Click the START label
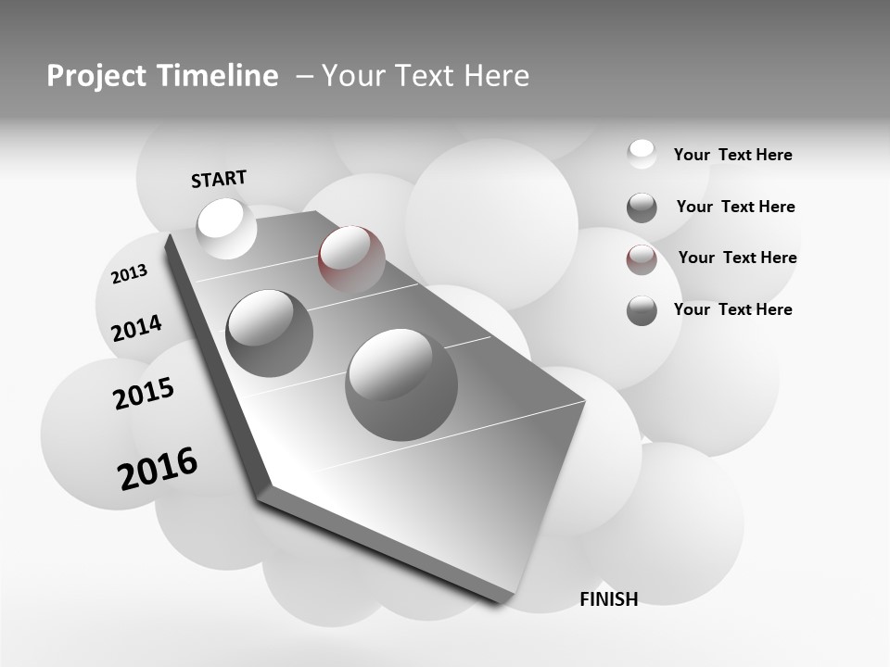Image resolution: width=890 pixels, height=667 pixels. coord(219,179)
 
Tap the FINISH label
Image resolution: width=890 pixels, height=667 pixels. coord(608,599)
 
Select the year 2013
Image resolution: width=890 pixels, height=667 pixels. coord(130,274)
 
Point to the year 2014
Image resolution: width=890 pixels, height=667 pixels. coord(136,328)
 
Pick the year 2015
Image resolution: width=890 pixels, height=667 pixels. coord(144,394)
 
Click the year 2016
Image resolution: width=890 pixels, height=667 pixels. coord(158,468)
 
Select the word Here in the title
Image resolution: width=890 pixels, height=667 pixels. coord(495,76)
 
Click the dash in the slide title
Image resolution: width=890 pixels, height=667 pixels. coord(303,76)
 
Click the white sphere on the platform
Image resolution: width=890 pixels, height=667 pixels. coord(226,227)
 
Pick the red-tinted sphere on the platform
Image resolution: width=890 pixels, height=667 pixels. coord(351,258)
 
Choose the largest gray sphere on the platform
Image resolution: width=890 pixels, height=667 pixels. coord(401,384)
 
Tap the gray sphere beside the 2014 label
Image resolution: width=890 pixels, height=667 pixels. coord(269,333)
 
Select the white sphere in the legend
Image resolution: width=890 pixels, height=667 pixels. coord(642,154)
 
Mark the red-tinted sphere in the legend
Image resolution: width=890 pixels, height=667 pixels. coord(642,259)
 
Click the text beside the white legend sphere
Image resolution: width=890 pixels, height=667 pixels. coord(732,156)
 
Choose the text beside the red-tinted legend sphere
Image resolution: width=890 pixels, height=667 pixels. coord(737,258)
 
